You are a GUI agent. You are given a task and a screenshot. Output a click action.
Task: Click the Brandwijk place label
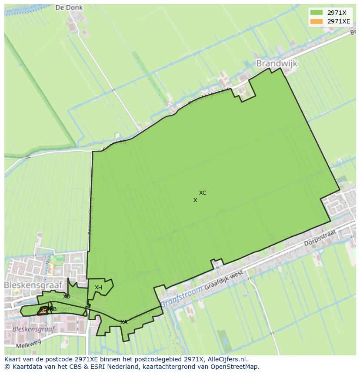[x=277, y=63]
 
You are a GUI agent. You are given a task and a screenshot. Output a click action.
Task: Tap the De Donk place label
[x=69, y=8]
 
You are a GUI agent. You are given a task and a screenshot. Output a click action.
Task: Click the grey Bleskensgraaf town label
[x=33, y=285]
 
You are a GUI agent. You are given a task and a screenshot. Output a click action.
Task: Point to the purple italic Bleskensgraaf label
[x=34, y=329]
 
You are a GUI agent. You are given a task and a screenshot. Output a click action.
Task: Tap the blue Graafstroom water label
[x=182, y=296]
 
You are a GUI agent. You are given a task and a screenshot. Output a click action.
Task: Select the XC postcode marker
[x=203, y=193]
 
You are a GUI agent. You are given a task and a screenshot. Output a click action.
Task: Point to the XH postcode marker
[x=98, y=288]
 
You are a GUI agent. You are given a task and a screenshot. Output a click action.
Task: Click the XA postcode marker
[x=124, y=322]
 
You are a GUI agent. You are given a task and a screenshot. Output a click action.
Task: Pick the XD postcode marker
[x=67, y=297]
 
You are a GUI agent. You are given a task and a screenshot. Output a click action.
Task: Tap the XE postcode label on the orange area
[x=43, y=310]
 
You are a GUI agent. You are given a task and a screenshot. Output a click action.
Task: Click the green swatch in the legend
[x=317, y=13]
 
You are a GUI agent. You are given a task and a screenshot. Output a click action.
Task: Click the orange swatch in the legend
[x=317, y=21]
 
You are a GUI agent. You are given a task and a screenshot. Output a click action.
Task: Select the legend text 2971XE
[x=339, y=21]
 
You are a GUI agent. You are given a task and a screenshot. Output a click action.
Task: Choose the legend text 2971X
[x=337, y=13]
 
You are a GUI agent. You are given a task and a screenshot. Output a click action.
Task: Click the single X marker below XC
[x=195, y=200]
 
